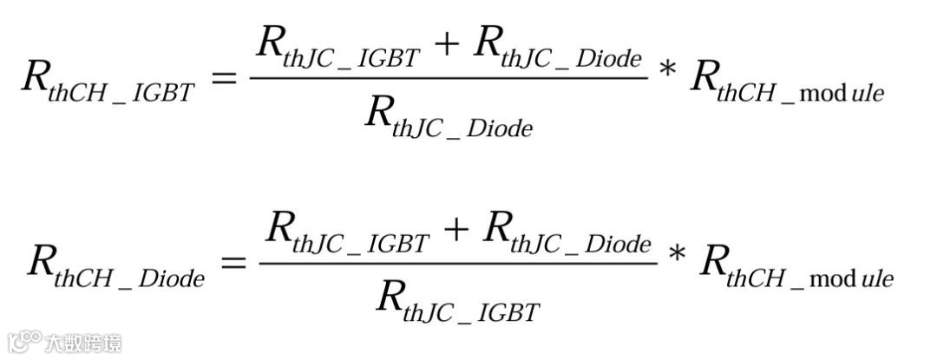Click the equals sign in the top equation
pyautogui.click(x=224, y=79)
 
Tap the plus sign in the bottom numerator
pyautogui.click(x=455, y=229)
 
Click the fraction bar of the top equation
pyautogui.click(x=449, y=78)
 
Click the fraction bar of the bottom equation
pyautogui.click(x=458, y=261)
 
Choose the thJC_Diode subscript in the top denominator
pyautogui.click(x=462, y=128)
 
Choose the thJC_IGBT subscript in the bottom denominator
pyautogui.click(x=471, y=311)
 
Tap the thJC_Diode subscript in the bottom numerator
pyautogui.click(x=580, y=244)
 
